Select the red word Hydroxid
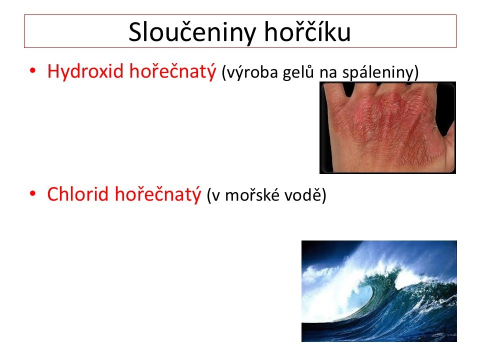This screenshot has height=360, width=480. click(85, 72)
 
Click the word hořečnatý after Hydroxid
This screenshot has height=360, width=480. click(172, 72)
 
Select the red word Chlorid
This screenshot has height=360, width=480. click(78, 194)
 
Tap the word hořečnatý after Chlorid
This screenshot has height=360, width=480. click(158, 194)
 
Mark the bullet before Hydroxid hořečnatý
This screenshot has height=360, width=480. click(33, 71)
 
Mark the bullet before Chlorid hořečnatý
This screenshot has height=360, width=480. click(33, 193)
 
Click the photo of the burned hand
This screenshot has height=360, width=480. click(387, 127)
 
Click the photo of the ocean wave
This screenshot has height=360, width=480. click(379, 291)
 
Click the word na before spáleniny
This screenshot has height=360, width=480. click(328, 73)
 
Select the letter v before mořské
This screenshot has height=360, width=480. click(216, 196)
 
